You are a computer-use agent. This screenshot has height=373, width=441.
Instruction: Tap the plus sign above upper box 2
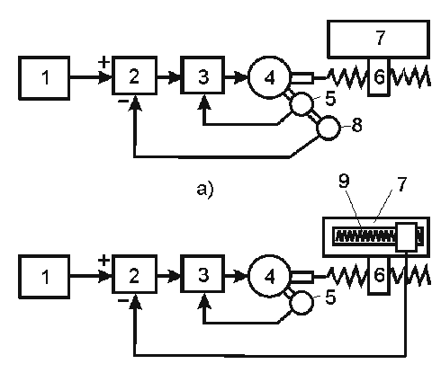pyautogui.click(x=103, y=63)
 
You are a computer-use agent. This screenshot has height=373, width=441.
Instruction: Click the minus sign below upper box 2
pyautogui.click(x=123, y=102)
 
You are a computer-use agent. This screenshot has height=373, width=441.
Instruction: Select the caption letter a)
pyautogui.click(x=205, y=190)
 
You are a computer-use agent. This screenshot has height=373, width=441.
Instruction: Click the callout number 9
pyautogui.click(x=344, y=181)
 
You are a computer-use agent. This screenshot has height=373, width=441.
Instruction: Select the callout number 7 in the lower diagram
pyautogui.click(x=401, y=183)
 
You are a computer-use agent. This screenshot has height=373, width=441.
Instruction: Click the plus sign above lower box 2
pyautogui.click(x=103, y=261)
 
